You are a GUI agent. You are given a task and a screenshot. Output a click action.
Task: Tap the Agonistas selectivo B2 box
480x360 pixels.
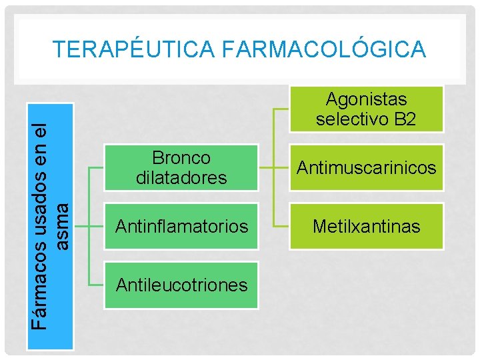(x=366, y=109)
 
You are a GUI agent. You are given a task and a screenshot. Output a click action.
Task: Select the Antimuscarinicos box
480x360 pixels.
(x=366, y=167)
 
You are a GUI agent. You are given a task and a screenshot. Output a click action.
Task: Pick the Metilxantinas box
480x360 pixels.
(x=366, y=226)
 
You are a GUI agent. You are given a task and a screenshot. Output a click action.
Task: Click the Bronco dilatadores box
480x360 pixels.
(x=181, y=167)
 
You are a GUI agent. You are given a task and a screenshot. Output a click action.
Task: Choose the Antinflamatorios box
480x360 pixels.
(x=181, y=226)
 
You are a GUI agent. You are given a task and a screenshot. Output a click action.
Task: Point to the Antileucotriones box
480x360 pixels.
(x=181, y=285)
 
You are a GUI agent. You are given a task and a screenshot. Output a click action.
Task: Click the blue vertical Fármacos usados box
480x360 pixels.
(x=50, y=227)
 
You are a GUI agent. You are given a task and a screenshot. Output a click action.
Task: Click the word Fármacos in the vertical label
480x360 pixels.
(x=41, y=293)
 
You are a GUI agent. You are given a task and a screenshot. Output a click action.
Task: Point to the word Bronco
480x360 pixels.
(x=181, y=158)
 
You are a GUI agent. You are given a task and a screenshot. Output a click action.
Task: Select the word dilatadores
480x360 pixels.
(x=181, y=178)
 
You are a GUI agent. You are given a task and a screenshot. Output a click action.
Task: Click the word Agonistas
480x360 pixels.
(x=366, y=99)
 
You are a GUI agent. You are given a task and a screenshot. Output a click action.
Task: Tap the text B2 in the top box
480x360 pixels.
(x=405, y=119)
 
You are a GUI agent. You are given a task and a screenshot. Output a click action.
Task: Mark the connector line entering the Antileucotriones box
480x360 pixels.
(x=96, y=285)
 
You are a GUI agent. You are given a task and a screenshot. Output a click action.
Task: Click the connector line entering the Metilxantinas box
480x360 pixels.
(x=280, y=226)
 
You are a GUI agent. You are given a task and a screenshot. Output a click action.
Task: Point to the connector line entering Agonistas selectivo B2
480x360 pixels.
(x=280, y=109)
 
